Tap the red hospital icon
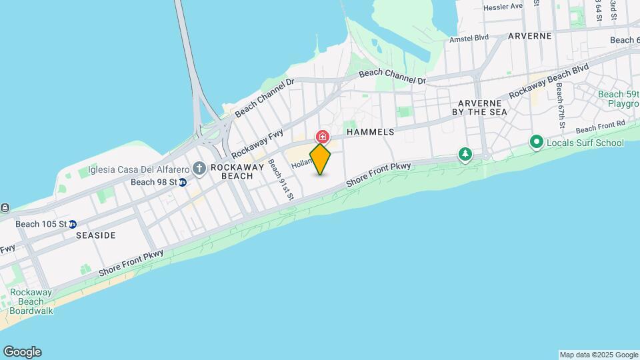323,137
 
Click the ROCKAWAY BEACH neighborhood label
232,171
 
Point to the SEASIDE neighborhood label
96,235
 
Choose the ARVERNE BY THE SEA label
483,107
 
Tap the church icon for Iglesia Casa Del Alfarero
199,167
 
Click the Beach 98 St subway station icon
182,182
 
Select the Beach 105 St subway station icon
73,224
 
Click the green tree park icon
465,155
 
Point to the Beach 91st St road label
281,179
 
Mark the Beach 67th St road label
561,107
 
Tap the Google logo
22,352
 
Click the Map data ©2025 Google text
599,355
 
